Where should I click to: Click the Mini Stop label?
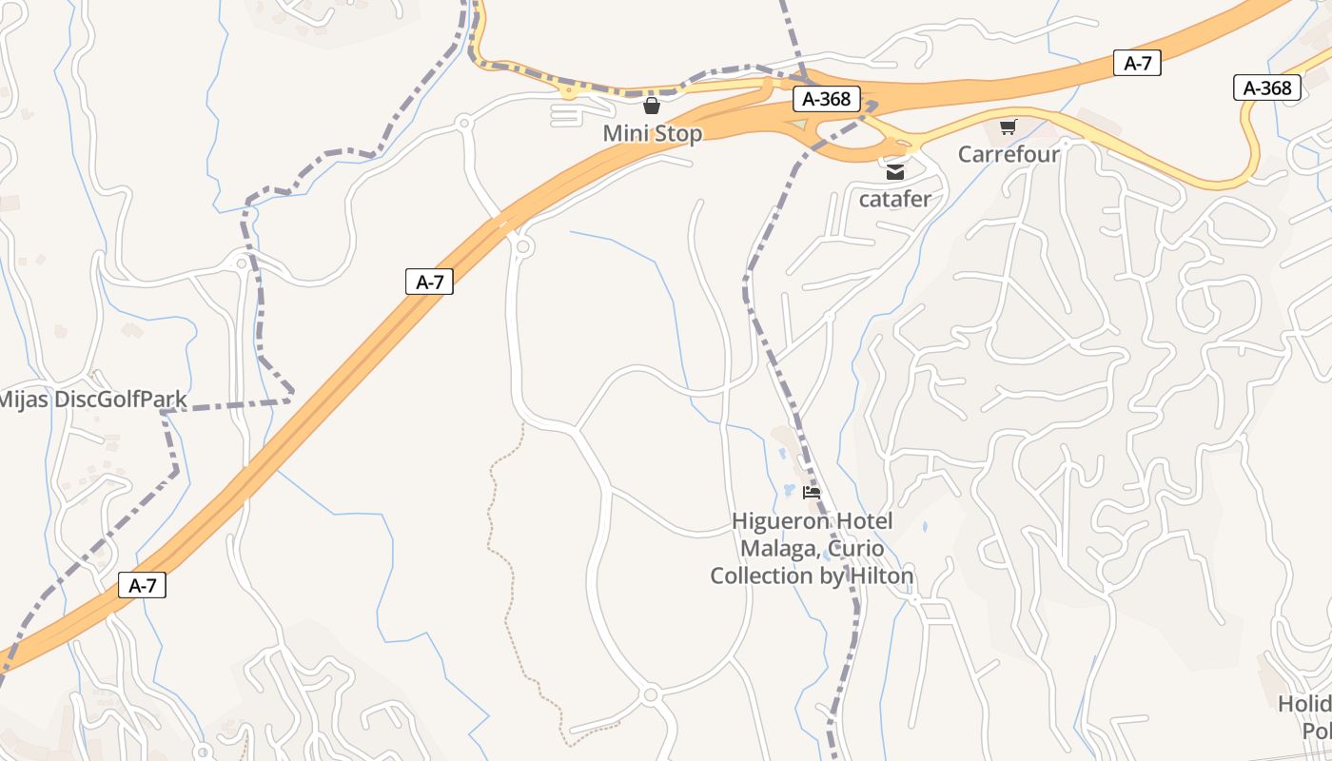click(x=652, y=133)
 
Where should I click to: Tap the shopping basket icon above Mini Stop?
click(x=652, y=106)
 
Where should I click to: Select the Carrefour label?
click(x=1009, y=154)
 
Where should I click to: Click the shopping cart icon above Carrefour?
click(x=1009, y=127)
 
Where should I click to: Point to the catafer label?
click(x=894, y=199)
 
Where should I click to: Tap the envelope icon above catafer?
click(x=894, y=172)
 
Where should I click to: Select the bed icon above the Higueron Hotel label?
click(x=812, y=492)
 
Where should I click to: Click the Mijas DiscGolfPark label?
click(x=92, y=400)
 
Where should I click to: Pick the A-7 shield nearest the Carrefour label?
click(x=1137, y=64)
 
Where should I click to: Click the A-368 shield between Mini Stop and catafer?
click(x=827, y=99)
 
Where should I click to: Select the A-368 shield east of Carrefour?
click(x=1267, y=88)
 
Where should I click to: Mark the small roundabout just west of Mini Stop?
click(x=464, y=122)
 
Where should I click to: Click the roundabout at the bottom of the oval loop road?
click(x=651, y=695)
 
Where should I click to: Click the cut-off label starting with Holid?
click(x=1304, y=704)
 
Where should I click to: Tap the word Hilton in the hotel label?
click(x=880, y=576)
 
